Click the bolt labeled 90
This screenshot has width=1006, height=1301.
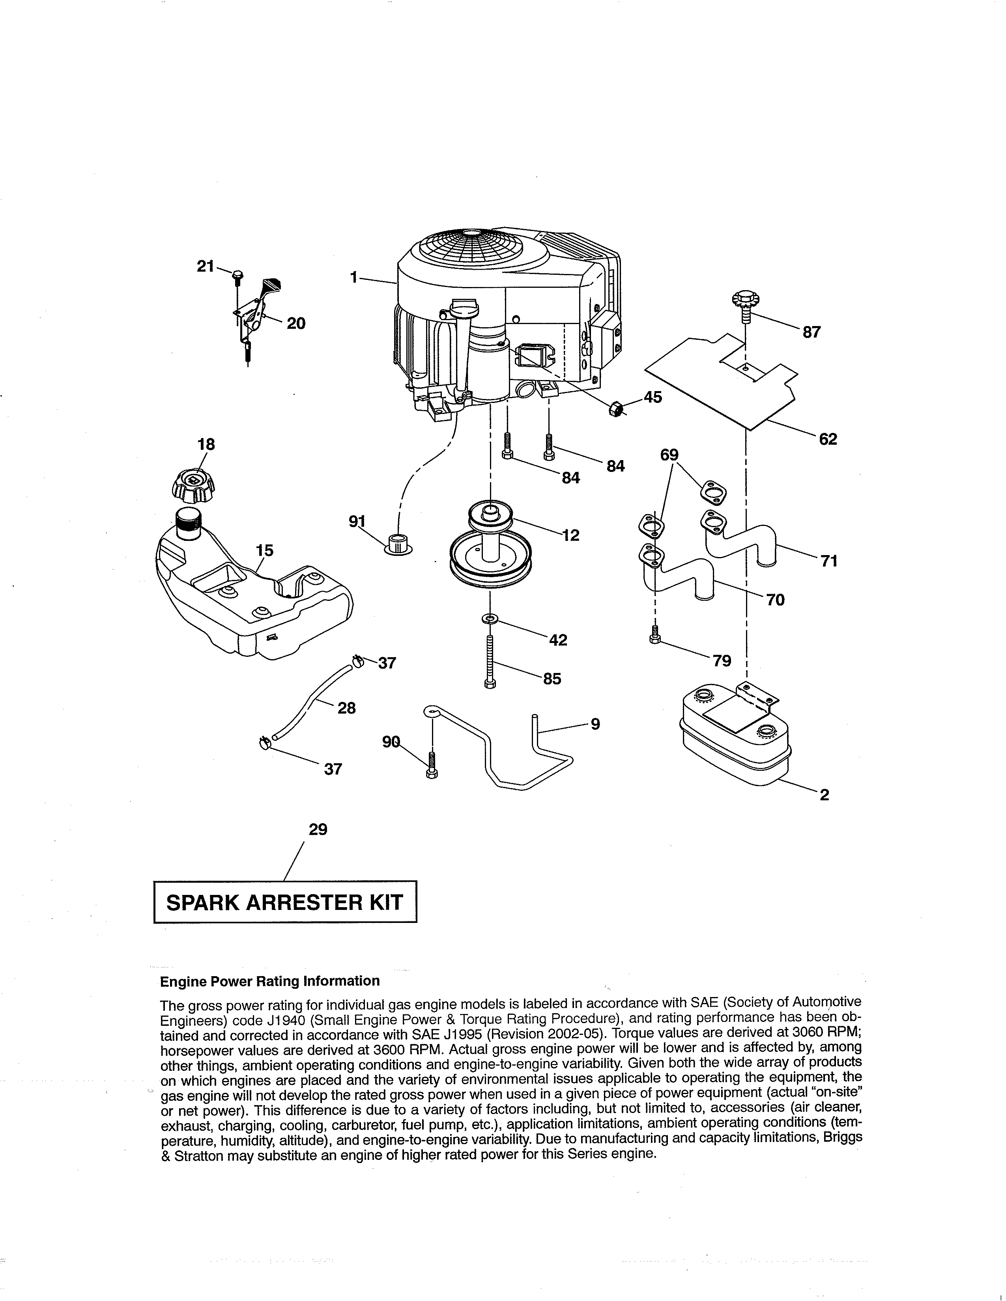(x=432, y=766)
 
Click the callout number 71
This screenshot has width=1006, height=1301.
(x=829, y=561)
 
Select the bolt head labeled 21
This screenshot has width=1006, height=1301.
(x=238, y=275)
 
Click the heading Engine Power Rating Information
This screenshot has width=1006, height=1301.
(x=269, y=981)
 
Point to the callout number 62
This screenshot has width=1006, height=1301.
(x=828, y=439)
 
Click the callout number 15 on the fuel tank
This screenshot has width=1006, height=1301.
(x=265, y=550)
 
